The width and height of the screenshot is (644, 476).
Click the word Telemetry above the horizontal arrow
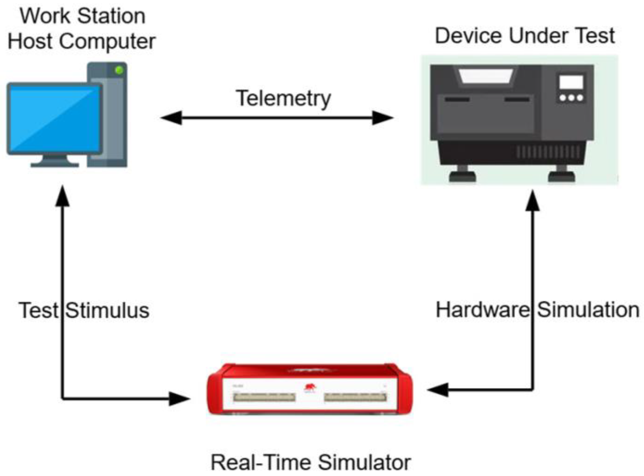(x=283, y=99)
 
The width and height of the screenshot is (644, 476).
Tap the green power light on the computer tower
(x=119, y=70)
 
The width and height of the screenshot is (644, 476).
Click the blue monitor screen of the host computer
(x=55, y=119)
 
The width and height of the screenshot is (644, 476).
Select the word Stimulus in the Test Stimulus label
(x=107, y=310)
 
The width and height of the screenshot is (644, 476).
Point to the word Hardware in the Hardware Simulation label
(x=482, y=310)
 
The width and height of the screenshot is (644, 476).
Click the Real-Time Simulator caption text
(x=310, y=462)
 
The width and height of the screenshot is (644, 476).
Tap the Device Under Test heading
(x=524, y=36)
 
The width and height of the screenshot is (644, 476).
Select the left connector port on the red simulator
(x=264, y=397)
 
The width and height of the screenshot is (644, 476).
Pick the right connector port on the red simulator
(x=355, y=397)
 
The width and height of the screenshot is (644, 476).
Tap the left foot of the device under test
(x=462, y=176)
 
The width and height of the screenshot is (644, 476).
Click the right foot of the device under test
(x=561, y=176)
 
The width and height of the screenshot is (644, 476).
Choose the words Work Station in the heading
(x=82, y=16)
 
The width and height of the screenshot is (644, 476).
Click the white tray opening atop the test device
(x=486, y=76)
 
